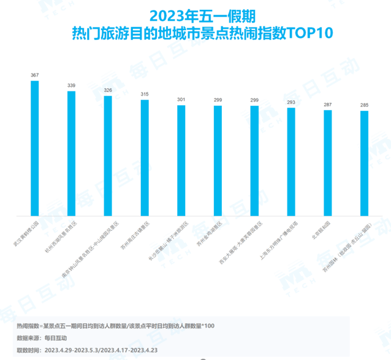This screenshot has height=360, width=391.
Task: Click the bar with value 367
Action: (35, 148)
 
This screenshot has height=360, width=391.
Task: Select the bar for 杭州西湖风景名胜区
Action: (71, 153)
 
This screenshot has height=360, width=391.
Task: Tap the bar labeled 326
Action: (108, 156)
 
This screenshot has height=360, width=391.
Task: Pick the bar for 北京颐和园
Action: (328, 163)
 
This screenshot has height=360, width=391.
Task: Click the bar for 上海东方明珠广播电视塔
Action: (291, 162)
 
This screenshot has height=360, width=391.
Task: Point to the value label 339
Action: (71, 85)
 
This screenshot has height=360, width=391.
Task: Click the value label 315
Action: (145, 94)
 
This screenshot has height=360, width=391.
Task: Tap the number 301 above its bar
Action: (181, 99)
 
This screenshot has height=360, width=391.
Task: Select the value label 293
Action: (291, 102)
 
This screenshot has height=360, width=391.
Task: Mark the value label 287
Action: (328, 104)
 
